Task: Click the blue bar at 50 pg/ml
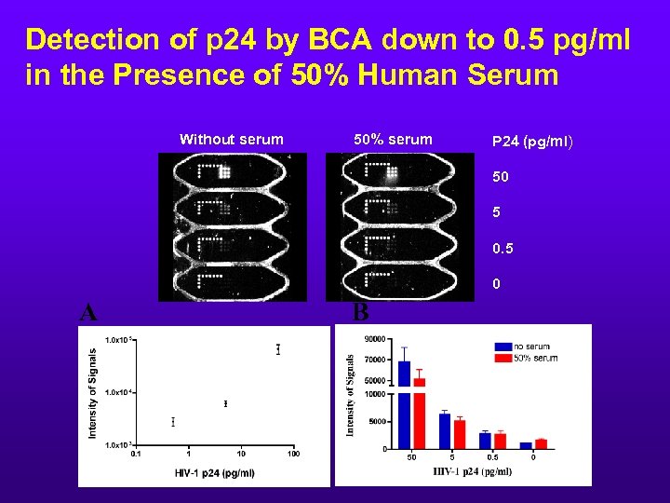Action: (x=404, y=404)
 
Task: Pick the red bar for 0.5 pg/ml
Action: (x=500, y=441)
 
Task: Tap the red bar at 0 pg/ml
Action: (x=542, y=443)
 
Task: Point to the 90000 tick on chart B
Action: (x=375, y=338)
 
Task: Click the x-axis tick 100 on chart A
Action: (x=293, y=454)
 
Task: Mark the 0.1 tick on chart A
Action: (x=137, y=454)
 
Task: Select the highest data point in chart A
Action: (x=277, y=349)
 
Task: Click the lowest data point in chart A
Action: (x=173, y=422)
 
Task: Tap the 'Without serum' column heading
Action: (x=231, y=140)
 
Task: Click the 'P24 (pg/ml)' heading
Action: (x=532, y=142)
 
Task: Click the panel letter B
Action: (x=360, y=312)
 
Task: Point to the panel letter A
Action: (x=87, y=312)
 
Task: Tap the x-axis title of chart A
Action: (x=214, y=472)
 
